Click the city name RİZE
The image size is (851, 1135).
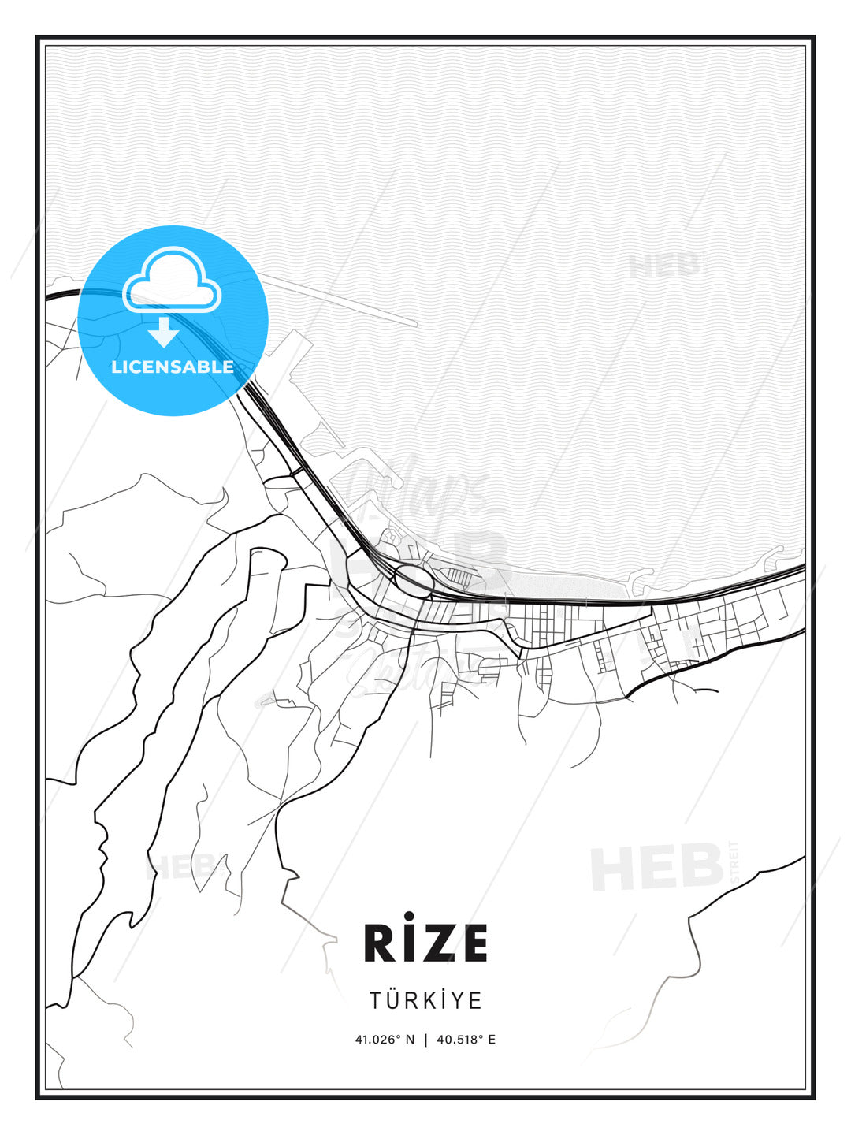point(425,943)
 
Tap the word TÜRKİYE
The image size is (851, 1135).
point(425,1000)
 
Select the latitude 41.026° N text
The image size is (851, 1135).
point(385,1040)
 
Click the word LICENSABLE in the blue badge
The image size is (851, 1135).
point(173,367)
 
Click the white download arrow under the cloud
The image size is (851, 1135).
point(164,332)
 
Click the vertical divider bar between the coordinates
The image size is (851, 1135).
point(425,1040)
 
